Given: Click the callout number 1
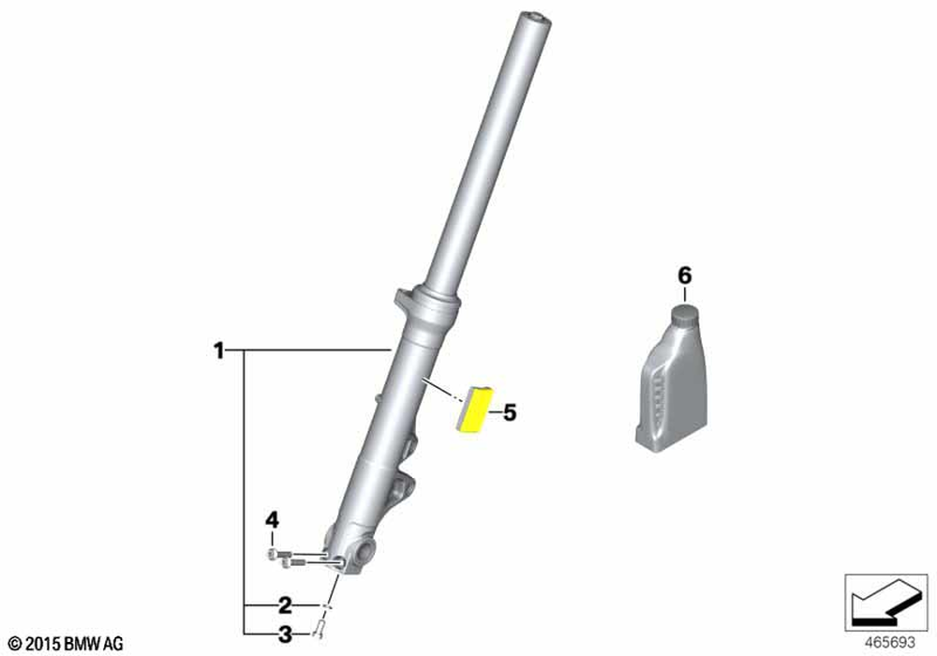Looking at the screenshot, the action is [x=219, y=350].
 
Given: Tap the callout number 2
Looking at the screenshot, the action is [x=285, y=605].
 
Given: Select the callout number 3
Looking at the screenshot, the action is [x=286, y=634].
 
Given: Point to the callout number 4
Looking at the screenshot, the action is [x=272, y=520].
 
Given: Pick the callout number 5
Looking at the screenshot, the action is [x=509, y=412].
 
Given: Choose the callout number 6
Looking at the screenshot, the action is [x=685, y=276].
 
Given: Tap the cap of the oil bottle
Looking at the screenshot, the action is [x=686, y=315].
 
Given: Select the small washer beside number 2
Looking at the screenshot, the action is [x=326, y=606].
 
